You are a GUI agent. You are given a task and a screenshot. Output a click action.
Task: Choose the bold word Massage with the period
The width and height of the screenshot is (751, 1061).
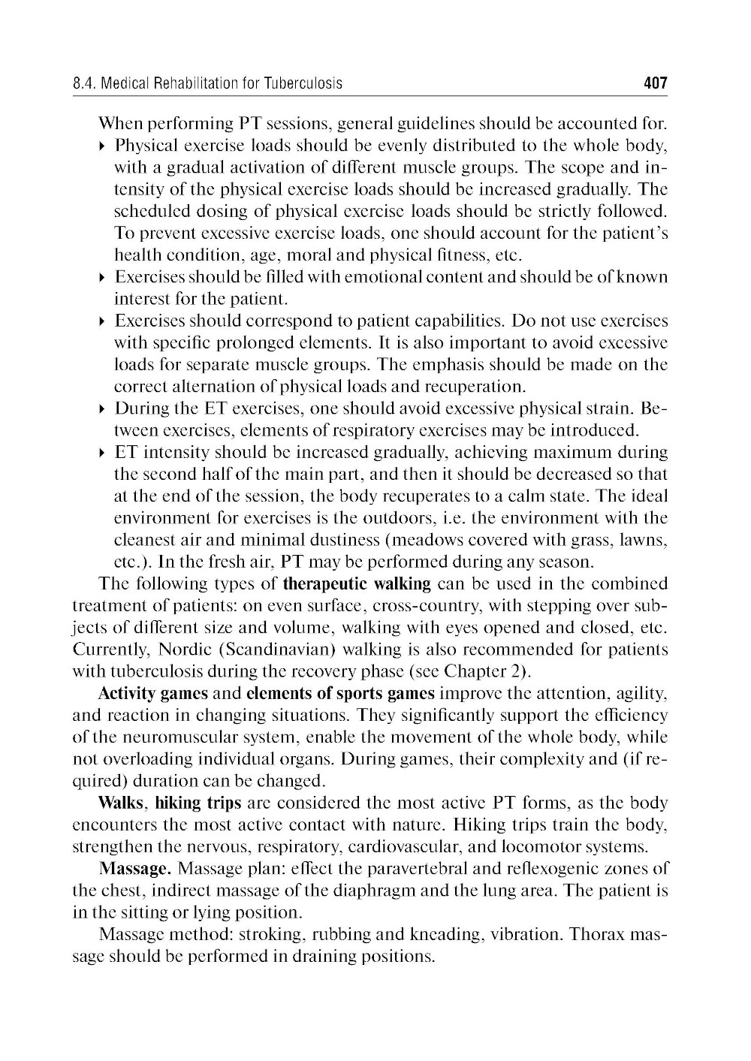coord(136,870)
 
